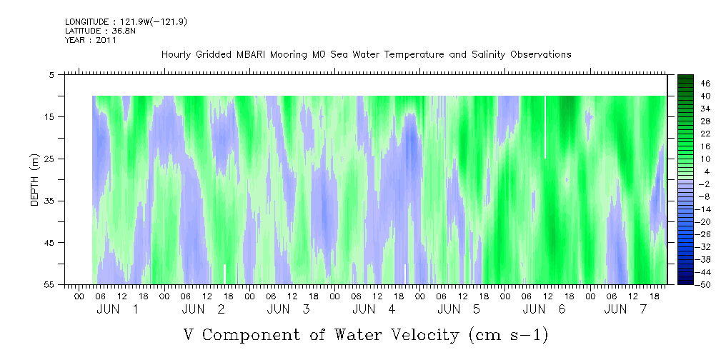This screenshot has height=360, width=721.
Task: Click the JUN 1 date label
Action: [x=116, y=309]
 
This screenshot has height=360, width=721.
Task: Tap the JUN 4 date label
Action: [x=374, y=309]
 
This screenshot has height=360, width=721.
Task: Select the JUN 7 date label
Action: [x=625, y=309]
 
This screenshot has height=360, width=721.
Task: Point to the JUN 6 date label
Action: [x=544, y=309]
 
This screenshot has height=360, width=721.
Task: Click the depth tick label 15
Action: [x=49, y=116]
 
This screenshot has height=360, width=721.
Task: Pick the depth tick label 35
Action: [x=49, y=201]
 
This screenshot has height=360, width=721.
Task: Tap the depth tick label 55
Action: [x=49, y=284]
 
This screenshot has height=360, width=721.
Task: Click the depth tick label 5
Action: [x=51, y=74]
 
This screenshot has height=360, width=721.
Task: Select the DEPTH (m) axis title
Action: [x=35, y=180]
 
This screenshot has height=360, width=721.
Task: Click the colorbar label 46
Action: [x=705, y=84]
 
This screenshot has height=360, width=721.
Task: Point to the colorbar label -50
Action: [x=704, y=284]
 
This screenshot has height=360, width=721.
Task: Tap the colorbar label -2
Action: [x=704, y=184]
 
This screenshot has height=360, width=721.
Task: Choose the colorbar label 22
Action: [x=705, y=138]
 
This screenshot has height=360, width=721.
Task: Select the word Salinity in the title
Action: [x=489, y=55]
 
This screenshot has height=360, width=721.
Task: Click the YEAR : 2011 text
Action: [x=91, y=40]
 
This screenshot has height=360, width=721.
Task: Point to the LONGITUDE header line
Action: [x=126, y=21]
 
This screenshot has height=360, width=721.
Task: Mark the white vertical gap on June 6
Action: [x=545, y=127]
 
